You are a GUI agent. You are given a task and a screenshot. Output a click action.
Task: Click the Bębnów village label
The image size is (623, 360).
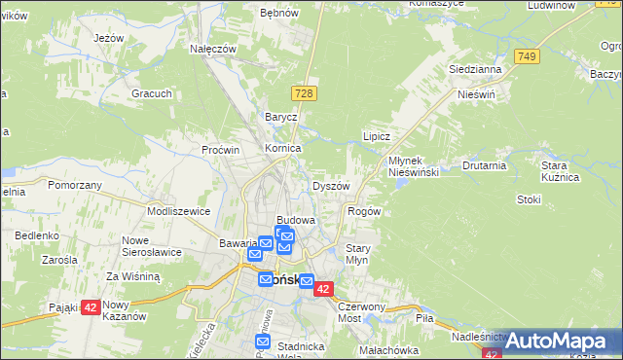277,14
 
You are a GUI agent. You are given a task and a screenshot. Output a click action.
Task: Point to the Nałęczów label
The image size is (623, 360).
214,49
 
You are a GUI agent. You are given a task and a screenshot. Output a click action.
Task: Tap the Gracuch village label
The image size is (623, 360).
153,94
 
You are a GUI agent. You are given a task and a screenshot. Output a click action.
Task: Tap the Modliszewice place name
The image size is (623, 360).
178,210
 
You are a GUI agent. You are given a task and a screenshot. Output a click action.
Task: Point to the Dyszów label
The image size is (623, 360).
331,186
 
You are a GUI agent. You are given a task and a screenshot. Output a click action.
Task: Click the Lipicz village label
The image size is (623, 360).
377,137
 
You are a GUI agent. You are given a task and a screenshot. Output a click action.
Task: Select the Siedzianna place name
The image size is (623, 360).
475,70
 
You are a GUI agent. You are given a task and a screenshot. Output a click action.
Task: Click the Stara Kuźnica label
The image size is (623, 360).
560,172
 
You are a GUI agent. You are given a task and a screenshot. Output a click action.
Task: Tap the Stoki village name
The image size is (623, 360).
529,199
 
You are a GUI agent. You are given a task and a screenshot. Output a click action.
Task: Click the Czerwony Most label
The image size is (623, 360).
363,311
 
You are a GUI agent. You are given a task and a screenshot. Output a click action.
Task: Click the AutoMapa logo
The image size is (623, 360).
550,341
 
